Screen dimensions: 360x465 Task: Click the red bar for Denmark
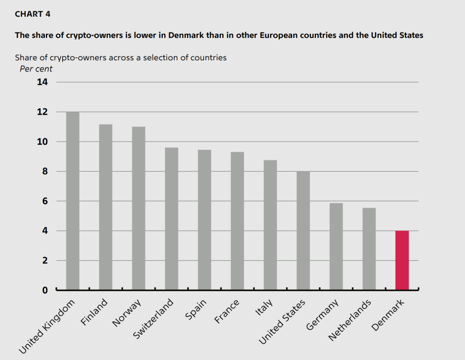click(x=402, y=260)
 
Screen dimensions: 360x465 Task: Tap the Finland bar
click(x=105, y=207)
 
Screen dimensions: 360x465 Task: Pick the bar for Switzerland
click(x=171, y=218)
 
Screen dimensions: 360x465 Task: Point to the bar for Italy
click(x=270, y=225)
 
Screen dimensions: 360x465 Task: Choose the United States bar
click(x=303, y=230)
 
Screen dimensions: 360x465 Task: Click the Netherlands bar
click(x=369, y=248)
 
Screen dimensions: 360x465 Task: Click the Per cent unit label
click(x=36, y=69)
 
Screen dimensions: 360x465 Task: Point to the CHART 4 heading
click(x=33, y=14)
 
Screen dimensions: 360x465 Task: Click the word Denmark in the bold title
click(x=187, y=35)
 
